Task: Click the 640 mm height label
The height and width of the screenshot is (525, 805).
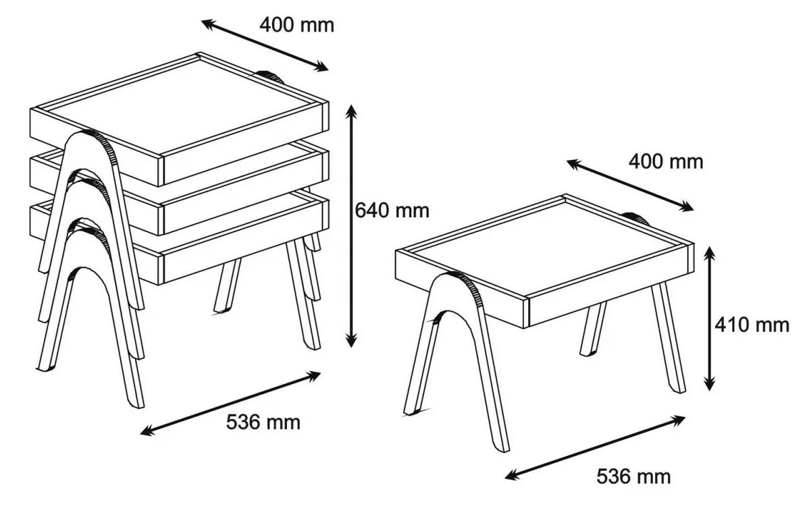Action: [392, 211]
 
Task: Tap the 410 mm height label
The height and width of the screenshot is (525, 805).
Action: [752, 325]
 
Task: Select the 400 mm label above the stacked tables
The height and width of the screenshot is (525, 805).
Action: [296, 25]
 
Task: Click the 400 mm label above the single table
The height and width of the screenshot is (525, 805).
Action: [666, 162]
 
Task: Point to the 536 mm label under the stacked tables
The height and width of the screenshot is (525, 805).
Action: [263, 422]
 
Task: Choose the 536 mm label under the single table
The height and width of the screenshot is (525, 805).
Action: [633, 476]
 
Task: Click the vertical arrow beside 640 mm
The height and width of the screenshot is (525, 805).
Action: [351, 226]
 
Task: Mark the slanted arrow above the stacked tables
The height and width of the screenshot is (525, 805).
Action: [265, 45]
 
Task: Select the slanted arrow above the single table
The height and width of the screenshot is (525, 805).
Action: [630, 185]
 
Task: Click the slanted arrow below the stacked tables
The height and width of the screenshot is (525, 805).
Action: [230, 404]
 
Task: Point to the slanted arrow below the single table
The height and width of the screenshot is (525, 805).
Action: [595, 447]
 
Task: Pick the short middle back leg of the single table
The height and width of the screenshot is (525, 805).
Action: [592, 329]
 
